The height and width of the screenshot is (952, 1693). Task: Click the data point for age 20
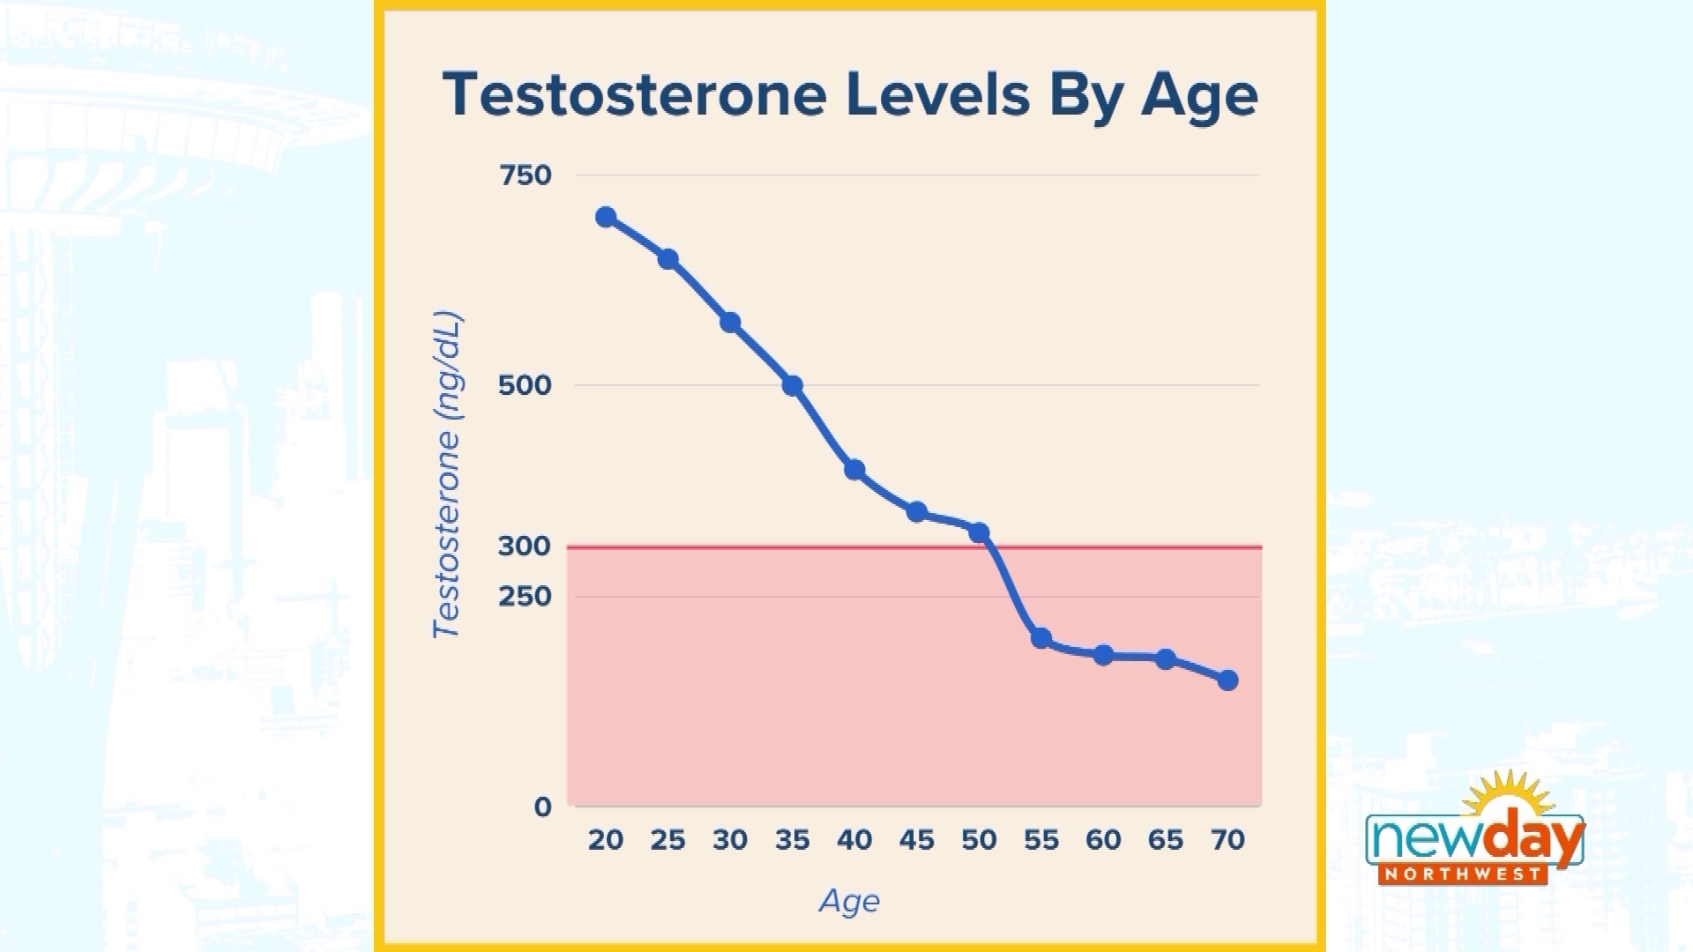606,217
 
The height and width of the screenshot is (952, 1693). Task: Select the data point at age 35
792,385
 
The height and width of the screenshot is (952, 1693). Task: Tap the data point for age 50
979,532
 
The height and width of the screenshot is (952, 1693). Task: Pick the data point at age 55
1041,638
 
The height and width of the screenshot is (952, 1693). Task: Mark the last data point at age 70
1227,680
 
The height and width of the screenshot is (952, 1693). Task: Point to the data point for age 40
854,470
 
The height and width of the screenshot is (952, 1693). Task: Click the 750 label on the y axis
526,175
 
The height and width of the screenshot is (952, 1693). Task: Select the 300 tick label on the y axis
525,546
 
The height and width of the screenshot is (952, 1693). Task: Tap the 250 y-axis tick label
525,597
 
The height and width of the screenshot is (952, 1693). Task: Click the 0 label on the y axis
542,807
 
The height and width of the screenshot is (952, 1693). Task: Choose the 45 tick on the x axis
916,840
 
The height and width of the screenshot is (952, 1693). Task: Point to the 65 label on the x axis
1165,840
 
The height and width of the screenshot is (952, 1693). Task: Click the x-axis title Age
849,901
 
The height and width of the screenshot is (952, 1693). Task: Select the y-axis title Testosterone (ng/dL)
447,474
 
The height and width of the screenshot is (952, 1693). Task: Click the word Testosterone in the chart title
634,94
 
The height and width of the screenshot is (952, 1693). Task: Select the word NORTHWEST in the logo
1463,874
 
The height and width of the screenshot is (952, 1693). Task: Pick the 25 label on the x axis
668,840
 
